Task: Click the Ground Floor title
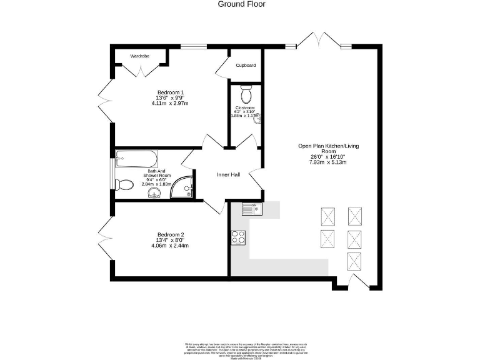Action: (x=241, y=4)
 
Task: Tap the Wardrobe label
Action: (x=140, y=56)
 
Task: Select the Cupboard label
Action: (x=246, y=65)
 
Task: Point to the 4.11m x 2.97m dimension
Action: (x=170, y=103)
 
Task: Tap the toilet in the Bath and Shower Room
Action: (x=124, y=184)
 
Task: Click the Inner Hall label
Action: (x=228, y=175)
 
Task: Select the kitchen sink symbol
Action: (x=252, y=209)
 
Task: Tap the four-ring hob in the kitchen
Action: (x=239, y=237)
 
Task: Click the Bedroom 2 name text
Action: (x=171, y=235)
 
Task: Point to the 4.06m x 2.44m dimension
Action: (x=170, y=246)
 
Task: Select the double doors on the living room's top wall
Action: (x=319, y=41)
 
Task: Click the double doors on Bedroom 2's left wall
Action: (x=105, y=238)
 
